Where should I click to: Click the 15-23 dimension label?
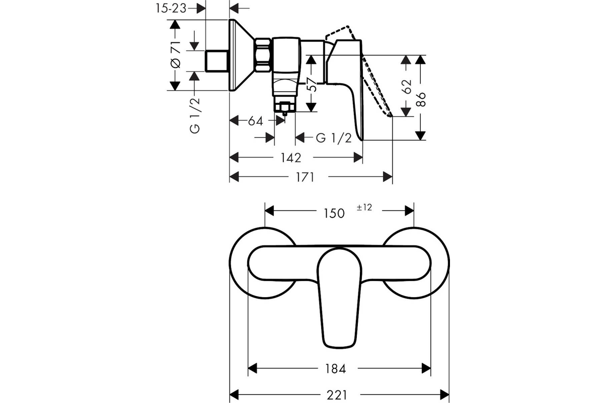[171, 9]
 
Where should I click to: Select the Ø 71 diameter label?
[176, 54]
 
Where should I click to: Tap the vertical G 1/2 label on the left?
[195, 115]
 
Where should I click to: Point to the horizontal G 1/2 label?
[334, 138]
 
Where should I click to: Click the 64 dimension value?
[255, 121]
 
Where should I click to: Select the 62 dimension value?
[406, 86]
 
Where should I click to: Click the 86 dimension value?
[421, 99]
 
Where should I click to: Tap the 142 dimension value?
[291, 158]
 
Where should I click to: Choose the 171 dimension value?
[305, 177]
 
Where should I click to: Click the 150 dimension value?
[334, 213]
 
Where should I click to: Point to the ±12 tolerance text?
[364, 208]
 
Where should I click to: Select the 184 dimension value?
[335, 369]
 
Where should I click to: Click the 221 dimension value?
[337, 395]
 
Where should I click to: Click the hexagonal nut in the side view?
[262, 55]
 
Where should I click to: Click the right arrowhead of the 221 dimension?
[444, 394]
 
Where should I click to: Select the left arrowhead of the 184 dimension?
[252, 368]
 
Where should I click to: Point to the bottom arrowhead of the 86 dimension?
[420, 136]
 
